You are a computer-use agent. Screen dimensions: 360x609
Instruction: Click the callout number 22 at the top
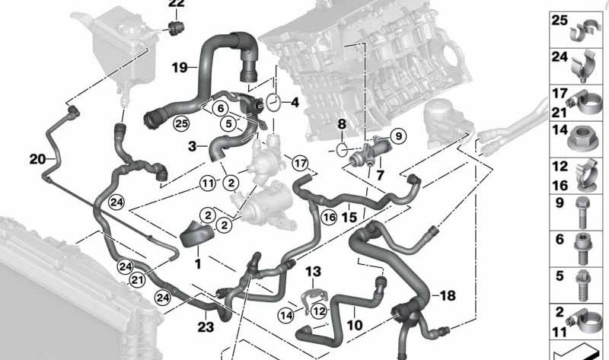[176, 5]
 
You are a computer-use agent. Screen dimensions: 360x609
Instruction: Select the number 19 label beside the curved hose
[179, 68]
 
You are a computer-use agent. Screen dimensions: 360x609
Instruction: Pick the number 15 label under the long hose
[349, 217]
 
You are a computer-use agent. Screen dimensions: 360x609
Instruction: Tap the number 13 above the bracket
[314, 272]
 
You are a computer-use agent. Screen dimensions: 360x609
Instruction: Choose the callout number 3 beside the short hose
[193, 145]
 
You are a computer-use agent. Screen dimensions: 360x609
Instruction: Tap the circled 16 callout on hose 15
[328, 218]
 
